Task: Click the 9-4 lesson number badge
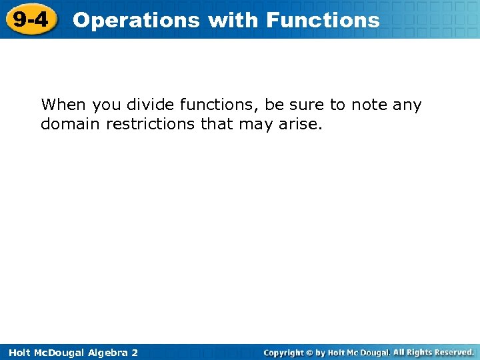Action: (x=30, y=19)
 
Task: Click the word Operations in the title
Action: (x=136, y=20)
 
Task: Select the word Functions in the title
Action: (x=323, y=20)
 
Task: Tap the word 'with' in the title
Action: (x=232, y=20)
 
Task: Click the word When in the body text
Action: (x=64, y=105)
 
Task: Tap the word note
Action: (x=370, y=105)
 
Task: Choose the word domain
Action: (x=70, y=124)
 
